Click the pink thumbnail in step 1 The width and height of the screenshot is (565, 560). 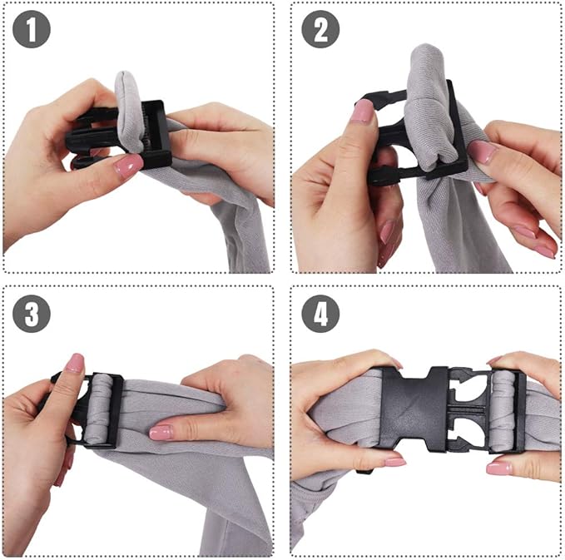click(x=127, y=166)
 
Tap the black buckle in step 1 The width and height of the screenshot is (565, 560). click(x=154, y=133)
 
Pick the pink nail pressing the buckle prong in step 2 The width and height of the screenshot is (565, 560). click(x=362, y=112)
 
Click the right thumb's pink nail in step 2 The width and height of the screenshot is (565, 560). click(x=483, y=151)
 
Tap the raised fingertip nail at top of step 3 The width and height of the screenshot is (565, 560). click(x=75, y=363)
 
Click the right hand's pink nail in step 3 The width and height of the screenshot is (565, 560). click(x=161, y=432)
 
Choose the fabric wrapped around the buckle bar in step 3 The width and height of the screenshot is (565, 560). click(x=102, y=408)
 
